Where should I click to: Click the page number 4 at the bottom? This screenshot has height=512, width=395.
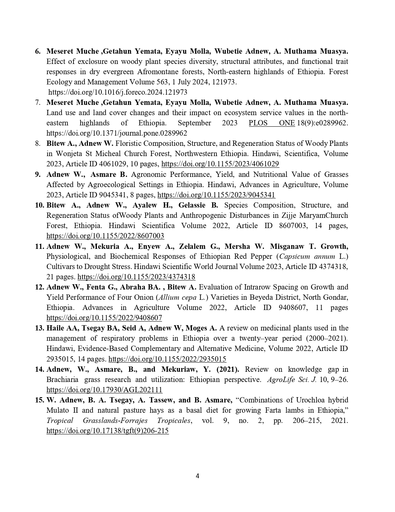point(197,476)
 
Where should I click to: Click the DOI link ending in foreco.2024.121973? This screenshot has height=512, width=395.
point(118,92)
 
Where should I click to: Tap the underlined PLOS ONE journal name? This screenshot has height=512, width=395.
point(272,123)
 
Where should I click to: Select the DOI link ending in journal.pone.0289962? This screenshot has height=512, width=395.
point(117,133)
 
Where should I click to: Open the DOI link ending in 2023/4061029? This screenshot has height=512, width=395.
point(220,164)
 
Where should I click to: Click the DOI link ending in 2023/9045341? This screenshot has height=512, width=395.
point(216,195)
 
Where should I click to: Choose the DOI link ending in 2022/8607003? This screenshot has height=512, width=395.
point(105,236)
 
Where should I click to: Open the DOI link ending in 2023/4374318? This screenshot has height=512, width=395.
point(136,277)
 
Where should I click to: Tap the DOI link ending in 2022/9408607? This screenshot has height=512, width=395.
point(104,318)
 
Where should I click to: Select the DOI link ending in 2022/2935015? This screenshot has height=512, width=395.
point(167,359)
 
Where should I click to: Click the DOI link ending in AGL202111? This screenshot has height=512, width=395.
point(104,390)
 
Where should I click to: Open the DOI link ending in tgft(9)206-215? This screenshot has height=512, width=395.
point(108,431)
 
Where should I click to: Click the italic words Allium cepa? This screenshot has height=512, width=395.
point(177,297)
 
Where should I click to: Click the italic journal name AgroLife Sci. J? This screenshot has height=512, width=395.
point(292,380)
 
